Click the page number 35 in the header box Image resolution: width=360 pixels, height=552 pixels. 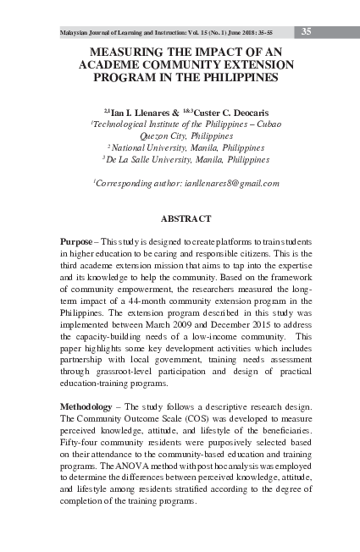pyautogui.click(x=307, y=31)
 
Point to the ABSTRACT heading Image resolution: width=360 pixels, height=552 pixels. pyautogui.click(x=186, y=219)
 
